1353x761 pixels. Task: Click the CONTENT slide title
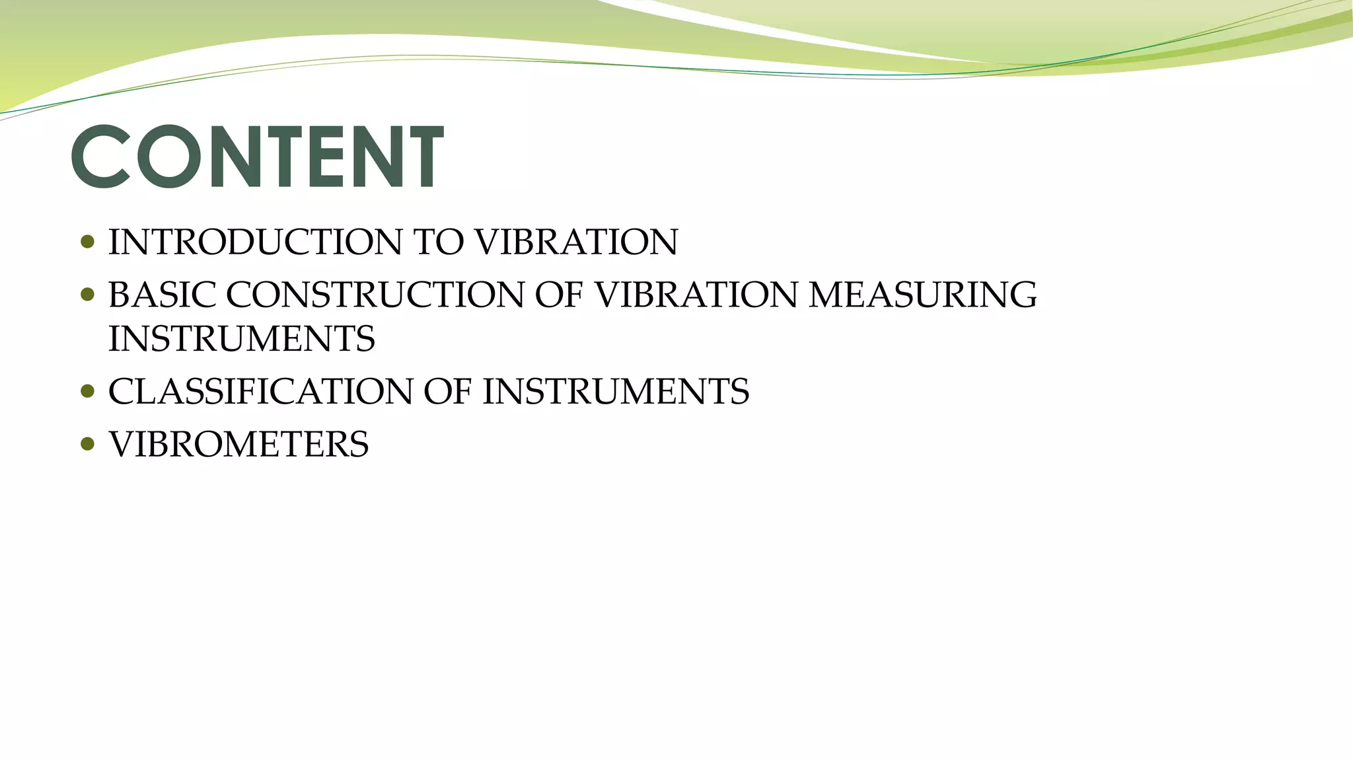258,157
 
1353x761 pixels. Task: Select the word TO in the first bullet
439,242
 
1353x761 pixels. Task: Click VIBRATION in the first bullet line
576,242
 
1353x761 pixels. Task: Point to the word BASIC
162,295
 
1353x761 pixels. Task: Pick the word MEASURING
922,295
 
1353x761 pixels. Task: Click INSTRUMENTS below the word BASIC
242,339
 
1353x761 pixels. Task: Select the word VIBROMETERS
238,444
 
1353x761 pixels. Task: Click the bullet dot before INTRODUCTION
87,242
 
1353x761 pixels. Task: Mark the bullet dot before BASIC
87,295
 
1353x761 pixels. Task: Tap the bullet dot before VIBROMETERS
87,444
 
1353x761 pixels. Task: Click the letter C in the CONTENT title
100,157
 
